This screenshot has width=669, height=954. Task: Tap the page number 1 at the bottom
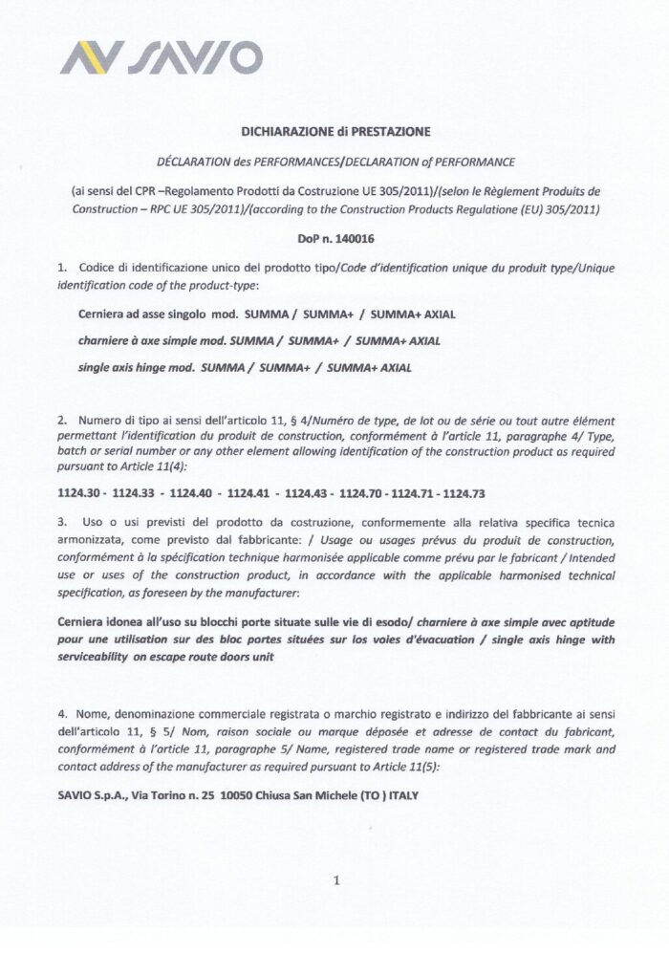[x=336, y=880]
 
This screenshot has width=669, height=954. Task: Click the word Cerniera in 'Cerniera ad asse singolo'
[x=101, y=314]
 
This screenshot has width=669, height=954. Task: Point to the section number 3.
[x=61, y=523]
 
